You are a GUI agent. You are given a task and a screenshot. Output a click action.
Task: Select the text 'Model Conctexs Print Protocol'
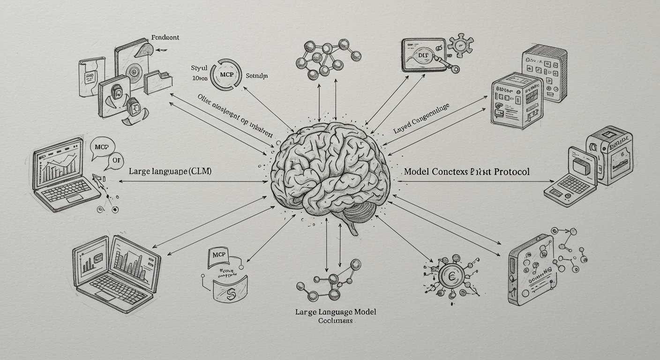(466, 172)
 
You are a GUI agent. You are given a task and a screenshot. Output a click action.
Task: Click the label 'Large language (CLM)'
(170, 172)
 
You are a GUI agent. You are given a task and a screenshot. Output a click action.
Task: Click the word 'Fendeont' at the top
(165, 37)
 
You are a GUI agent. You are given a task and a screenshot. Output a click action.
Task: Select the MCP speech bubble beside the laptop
(102, 146)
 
